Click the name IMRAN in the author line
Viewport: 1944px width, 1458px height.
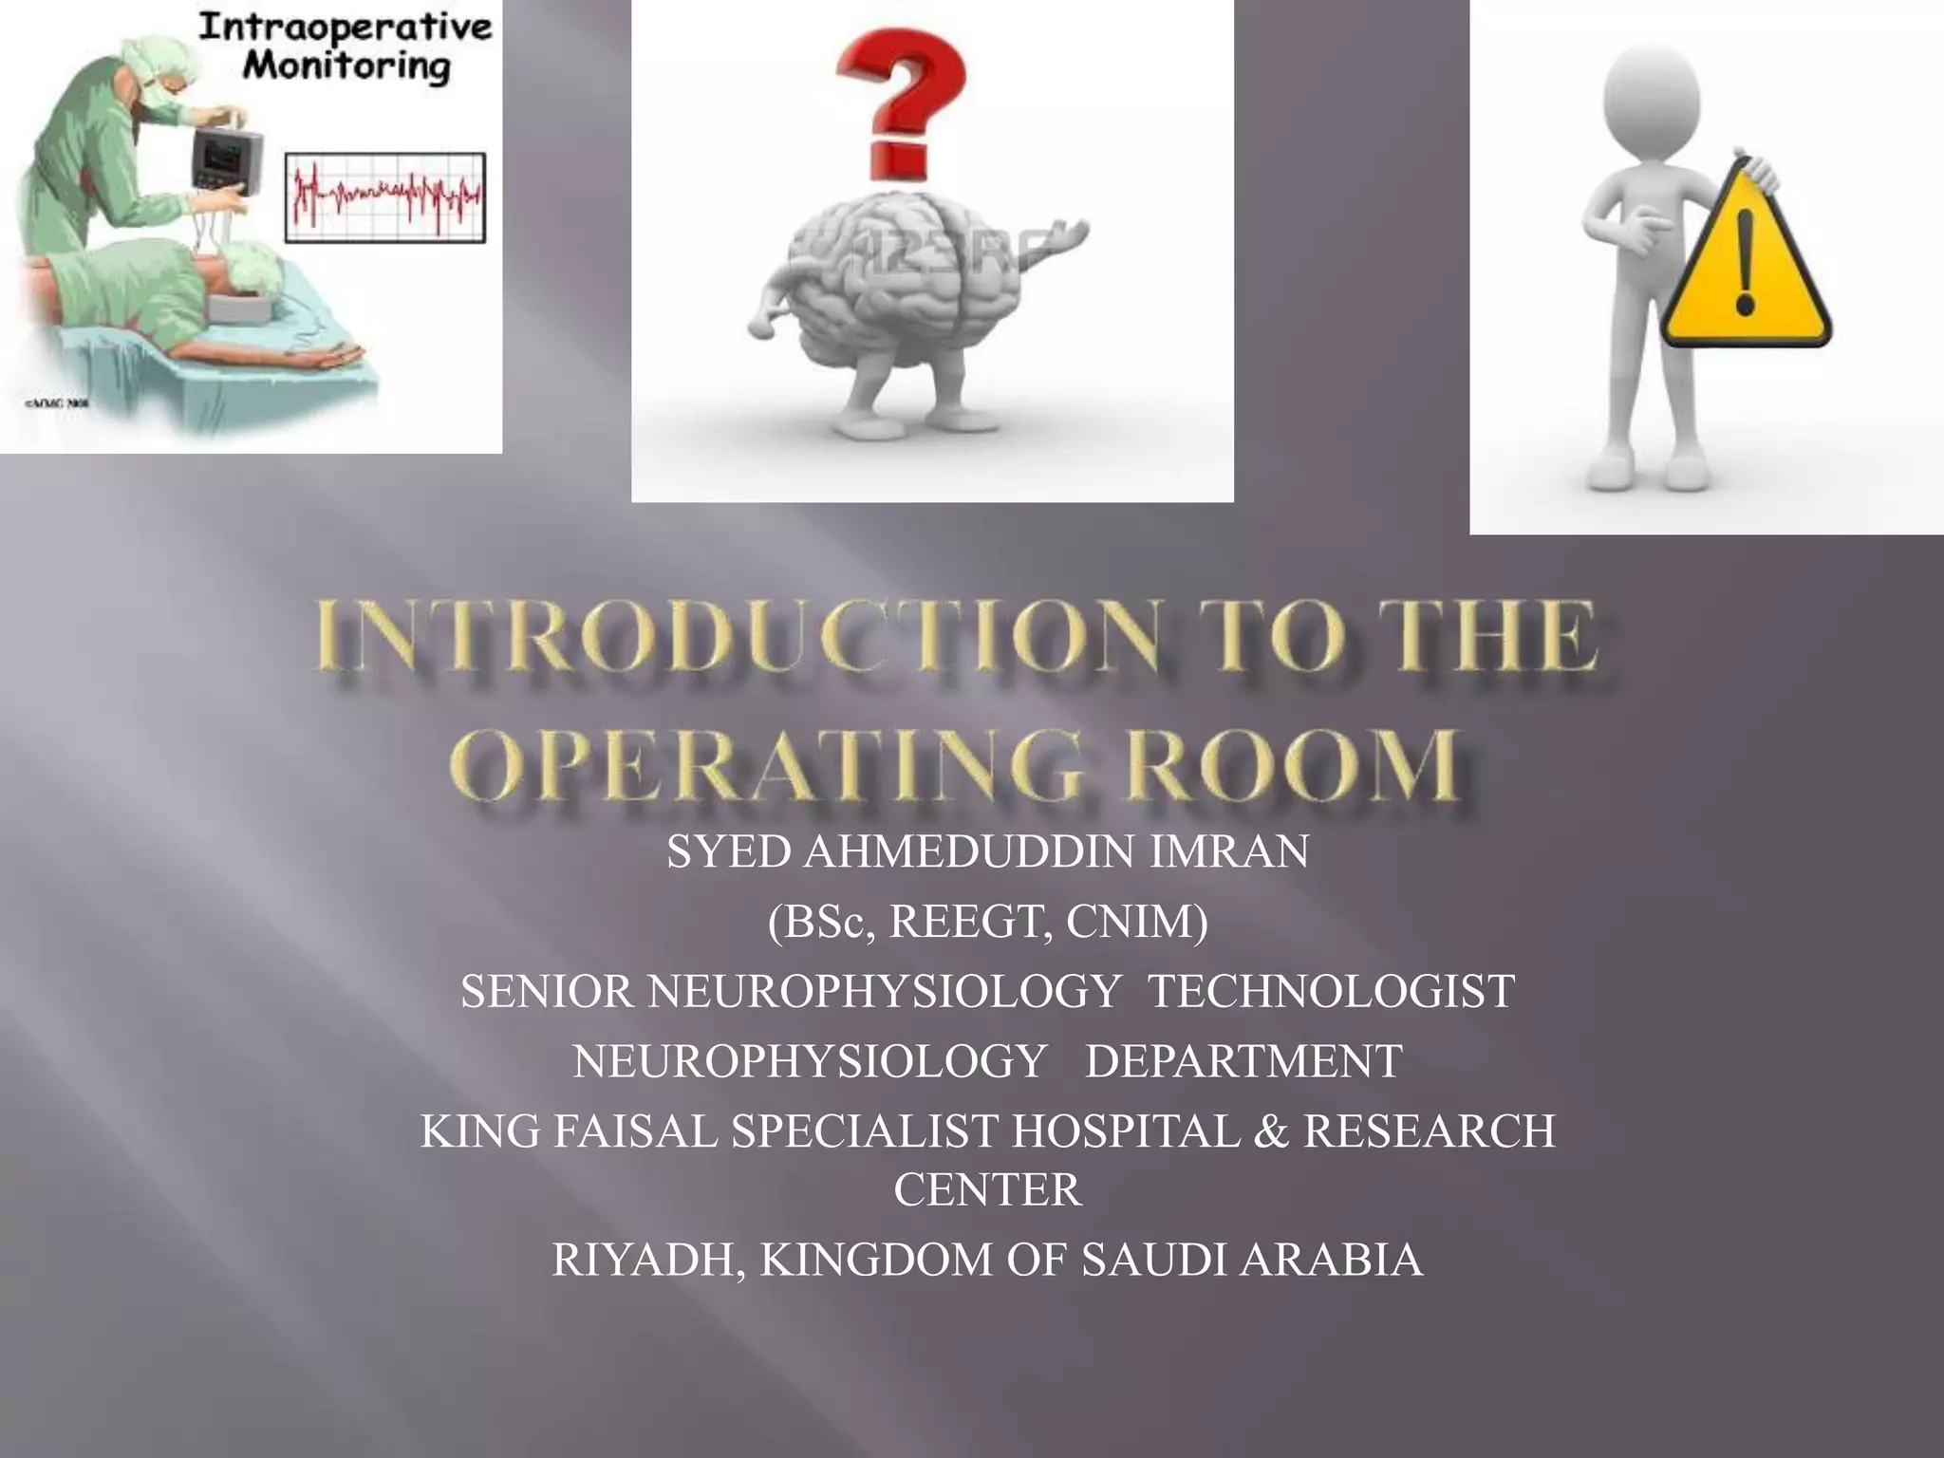point(1229,851)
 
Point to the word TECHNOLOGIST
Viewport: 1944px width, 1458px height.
point(1331,992)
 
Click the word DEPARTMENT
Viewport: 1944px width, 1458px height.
point(1243,1061)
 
